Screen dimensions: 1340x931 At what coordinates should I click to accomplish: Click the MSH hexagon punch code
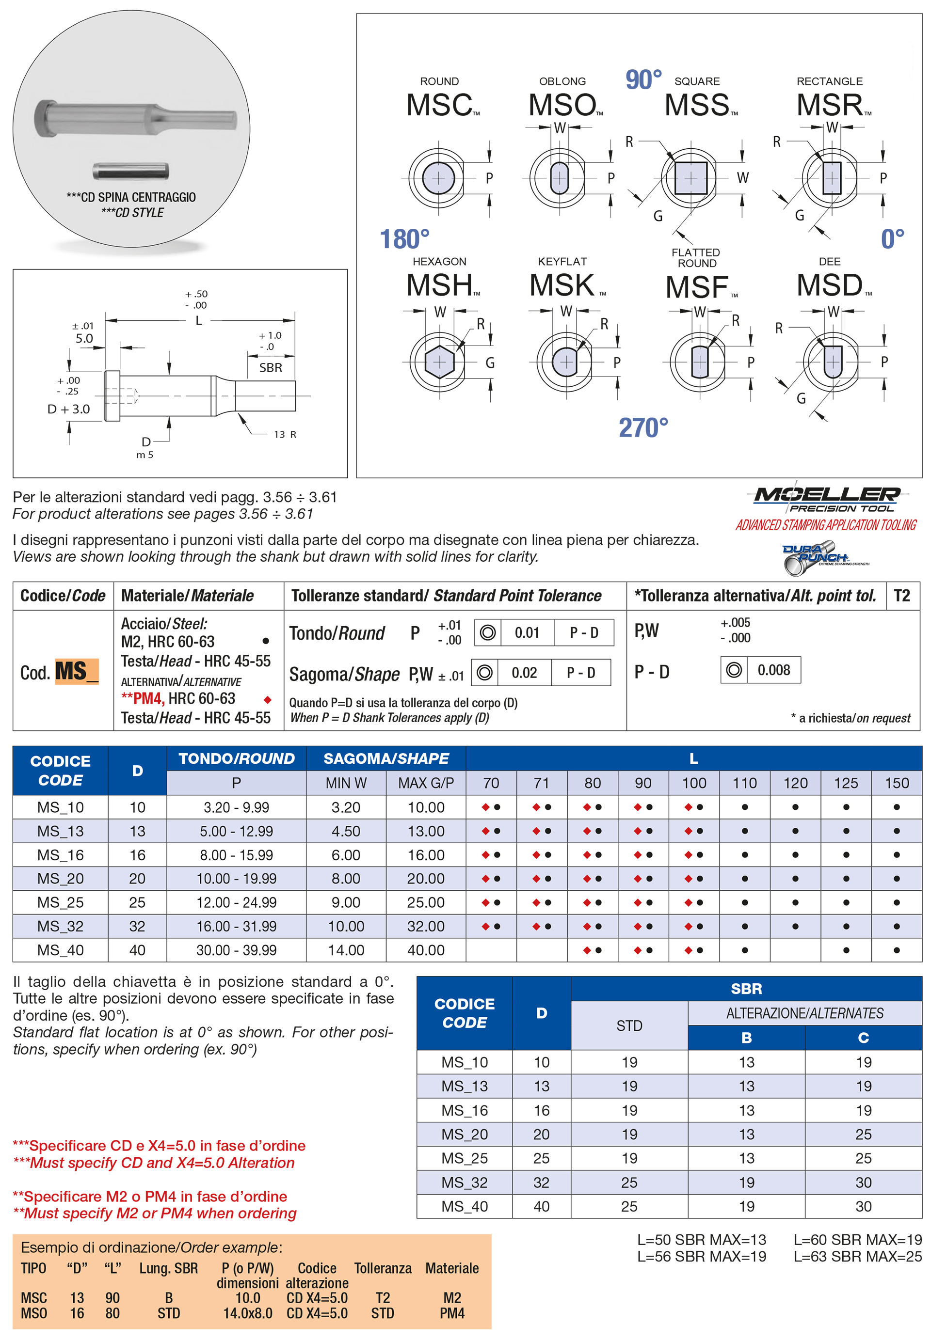[x=440, y=285]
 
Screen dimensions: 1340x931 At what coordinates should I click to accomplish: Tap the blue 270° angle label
[x=643, y=428]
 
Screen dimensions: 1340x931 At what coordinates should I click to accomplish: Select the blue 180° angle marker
[x=404, y=239]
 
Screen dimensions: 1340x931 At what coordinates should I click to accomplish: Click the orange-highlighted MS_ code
[x=77, y=672]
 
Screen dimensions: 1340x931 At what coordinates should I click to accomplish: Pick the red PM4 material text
[x=146, y=698]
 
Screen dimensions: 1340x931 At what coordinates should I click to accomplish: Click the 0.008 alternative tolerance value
[x=773, y=670]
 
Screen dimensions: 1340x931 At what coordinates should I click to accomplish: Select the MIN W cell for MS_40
[x=346, y=950]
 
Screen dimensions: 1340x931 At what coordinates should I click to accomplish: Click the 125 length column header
[x=846, y=783]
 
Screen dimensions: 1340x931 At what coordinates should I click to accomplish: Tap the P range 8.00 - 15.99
[x=236, y=855]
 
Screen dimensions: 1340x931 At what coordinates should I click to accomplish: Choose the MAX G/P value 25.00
[x=426, y=902]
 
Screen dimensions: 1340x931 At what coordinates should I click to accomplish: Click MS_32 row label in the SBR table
[x=465, y=1182]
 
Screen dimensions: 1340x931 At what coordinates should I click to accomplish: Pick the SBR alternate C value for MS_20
[x=863, y=1134]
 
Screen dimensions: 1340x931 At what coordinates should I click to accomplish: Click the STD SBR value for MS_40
[x=629, y=1207]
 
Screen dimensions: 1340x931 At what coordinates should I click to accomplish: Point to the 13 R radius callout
[x=285, y=435]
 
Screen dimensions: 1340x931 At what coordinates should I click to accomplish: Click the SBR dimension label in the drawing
[x=270, y=368]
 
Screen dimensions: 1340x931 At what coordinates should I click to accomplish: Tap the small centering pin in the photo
[x=130, y=171]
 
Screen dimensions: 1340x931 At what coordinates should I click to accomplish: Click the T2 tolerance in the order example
[x=383, y=1298]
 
